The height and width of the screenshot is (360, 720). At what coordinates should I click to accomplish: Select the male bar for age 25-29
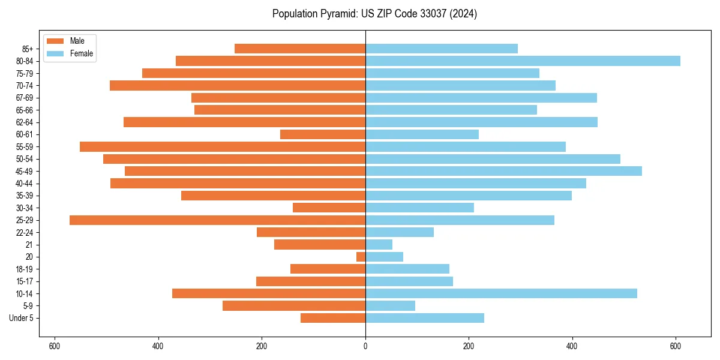(217, 220)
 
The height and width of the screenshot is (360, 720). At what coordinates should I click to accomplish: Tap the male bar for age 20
(361, 257)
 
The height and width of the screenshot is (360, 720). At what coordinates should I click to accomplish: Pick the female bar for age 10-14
(501, 293)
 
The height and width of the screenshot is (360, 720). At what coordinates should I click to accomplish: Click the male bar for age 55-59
(223, 147)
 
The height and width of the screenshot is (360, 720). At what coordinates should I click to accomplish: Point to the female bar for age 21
(379, 245)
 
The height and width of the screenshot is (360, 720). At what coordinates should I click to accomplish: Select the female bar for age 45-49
(503, 171)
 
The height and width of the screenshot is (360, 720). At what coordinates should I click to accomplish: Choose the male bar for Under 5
(333, 318)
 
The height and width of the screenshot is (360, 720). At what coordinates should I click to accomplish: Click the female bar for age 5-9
(390, 306)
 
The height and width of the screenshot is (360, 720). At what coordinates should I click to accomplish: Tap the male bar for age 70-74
(238, 86)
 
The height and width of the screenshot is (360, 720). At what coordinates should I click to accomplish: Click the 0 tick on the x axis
(365, 346)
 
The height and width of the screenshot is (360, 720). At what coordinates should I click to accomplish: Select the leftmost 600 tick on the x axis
(55, 346)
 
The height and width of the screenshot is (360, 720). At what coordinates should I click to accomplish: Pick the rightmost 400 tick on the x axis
(572, 346)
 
